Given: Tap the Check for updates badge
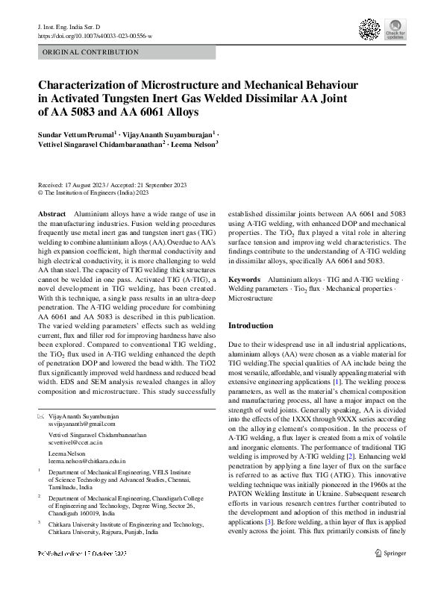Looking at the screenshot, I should point(395,29).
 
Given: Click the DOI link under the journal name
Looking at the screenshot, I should point(95,36).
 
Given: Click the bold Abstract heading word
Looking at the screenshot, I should point(51,214).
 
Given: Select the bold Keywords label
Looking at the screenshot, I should point(244,277).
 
